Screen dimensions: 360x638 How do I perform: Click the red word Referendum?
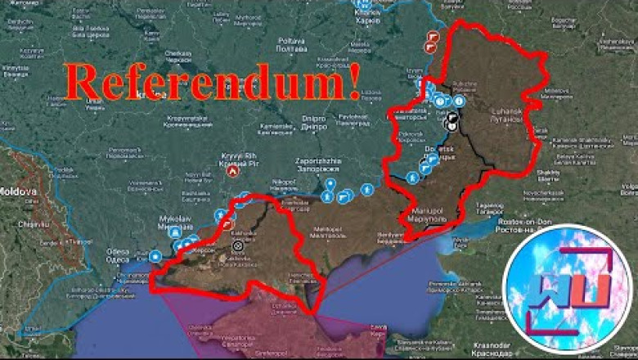213,83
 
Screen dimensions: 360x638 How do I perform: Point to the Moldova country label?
16,191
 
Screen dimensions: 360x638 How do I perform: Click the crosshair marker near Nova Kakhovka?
238,245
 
